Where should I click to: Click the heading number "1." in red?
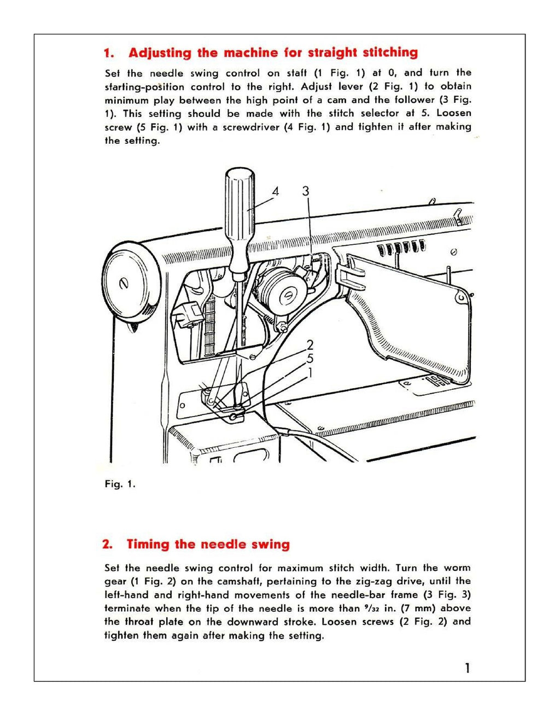click(x=109, y=53)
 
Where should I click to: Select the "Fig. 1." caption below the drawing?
click(x=120, y=484)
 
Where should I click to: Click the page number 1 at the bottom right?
click(x=466, y=668)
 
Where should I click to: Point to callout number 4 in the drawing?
click(x=276, y=191)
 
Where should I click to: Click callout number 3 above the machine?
click(x=306, y=191)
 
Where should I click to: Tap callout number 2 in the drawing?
click(x=310, y=345)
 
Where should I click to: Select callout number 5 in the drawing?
click(x=310, y=359)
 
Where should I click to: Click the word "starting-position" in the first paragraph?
click(x=144, y=87)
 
